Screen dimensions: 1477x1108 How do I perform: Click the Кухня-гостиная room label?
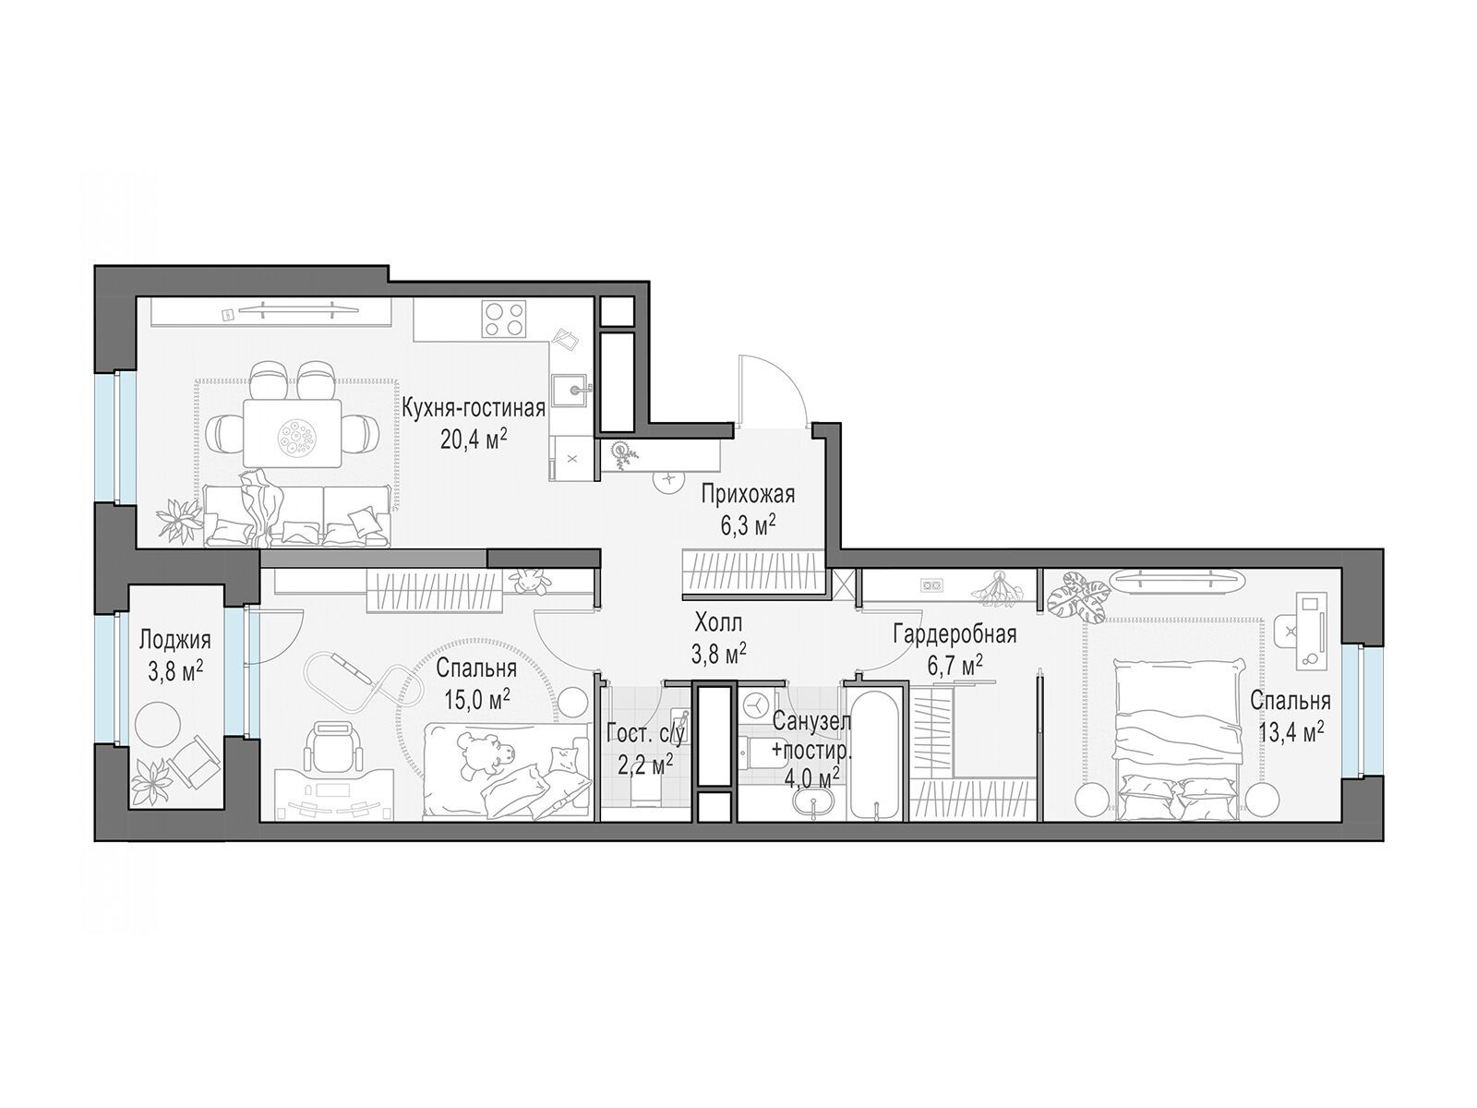(x=473, y=408)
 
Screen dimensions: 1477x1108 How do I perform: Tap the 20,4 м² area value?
(x=473, y=440)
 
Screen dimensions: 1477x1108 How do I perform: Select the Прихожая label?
(x=748, y=495)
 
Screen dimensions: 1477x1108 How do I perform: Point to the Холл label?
(x=718, y=623)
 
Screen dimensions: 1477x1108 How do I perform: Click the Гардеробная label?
(x=955, y=633)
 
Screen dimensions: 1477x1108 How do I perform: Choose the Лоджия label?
(x=175, y=640)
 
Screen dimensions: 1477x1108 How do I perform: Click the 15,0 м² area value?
(x=476, y=700)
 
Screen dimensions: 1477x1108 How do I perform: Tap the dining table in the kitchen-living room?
(x=293, y=432)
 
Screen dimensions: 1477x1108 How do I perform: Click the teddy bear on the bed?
(x=486, y=750)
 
